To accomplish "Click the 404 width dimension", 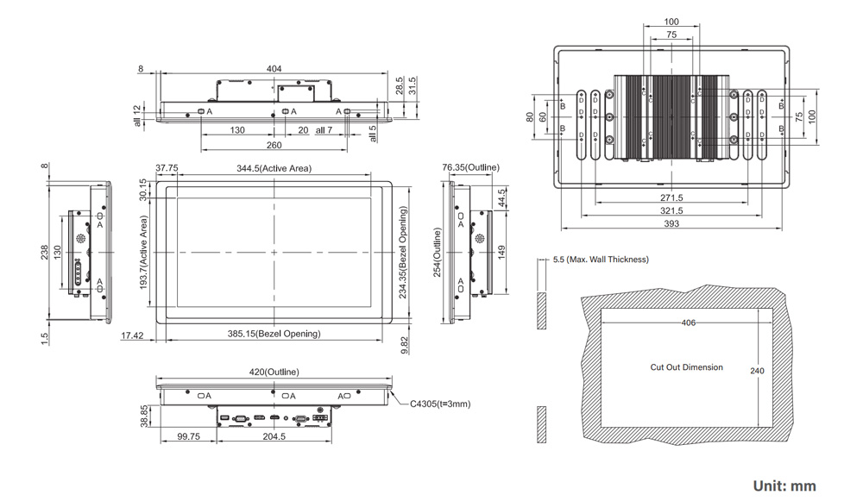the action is [274, 69].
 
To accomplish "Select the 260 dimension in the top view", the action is [274, 145].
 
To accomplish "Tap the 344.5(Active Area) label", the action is [274, 168].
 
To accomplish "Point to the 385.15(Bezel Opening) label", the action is [274, 334].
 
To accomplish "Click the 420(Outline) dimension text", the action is [274, 373].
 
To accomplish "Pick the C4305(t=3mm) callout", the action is [440, 404].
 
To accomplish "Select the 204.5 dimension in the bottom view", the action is [274, 436].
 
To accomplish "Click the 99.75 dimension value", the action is [189, 436].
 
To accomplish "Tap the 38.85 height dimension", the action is [144, 416].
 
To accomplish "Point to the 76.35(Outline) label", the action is [471, 167].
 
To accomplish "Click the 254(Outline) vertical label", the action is [437, 253].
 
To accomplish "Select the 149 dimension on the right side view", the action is [502, 253].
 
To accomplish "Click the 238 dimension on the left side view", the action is [44, 253].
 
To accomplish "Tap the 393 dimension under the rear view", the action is [671, 224].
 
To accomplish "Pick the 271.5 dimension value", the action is [671, 197].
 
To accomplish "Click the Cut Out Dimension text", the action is [687, 367].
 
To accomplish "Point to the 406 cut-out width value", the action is [689, 323].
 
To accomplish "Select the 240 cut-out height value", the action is [758, 371].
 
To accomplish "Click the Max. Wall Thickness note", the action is [601, 260].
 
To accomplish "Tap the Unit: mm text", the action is [784, 486].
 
